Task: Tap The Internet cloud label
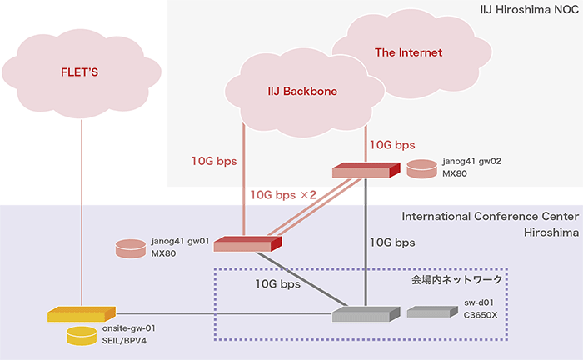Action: point(408,52)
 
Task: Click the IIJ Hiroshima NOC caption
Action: point(528,11)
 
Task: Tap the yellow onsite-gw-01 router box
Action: point(81,314)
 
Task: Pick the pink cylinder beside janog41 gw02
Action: point(421,169)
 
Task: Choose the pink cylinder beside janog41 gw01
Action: point(132,247)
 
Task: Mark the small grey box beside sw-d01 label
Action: point(427,312)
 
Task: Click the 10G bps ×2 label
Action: point(284,194)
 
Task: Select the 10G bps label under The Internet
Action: point(393,144)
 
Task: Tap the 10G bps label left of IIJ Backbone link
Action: point(215,158)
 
